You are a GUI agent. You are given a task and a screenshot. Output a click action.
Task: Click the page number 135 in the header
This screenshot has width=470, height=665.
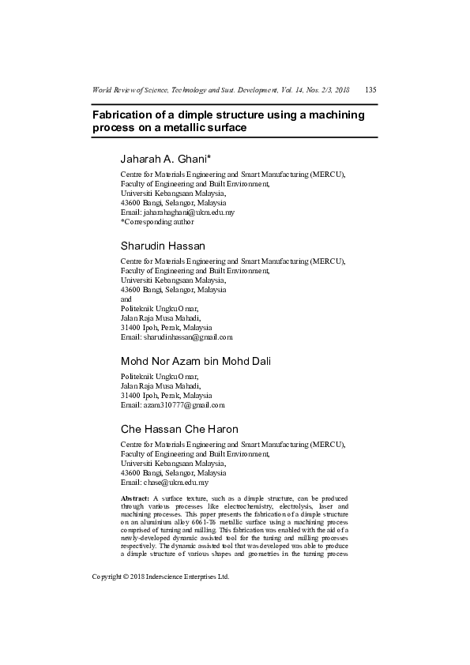[x=370, y=89]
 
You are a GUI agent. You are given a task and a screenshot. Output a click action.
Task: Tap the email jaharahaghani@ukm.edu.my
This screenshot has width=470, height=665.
[x=189, y=212]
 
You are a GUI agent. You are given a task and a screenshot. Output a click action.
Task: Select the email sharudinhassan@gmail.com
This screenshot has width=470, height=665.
[x=188, y=337]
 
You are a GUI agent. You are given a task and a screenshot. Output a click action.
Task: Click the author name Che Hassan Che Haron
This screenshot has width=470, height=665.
[x=179, y=429]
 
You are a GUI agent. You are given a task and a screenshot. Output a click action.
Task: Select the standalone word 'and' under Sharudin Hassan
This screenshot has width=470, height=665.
[x=126, y=299]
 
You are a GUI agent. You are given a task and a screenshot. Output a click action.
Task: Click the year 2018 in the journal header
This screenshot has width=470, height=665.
[x=340, y=89]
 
